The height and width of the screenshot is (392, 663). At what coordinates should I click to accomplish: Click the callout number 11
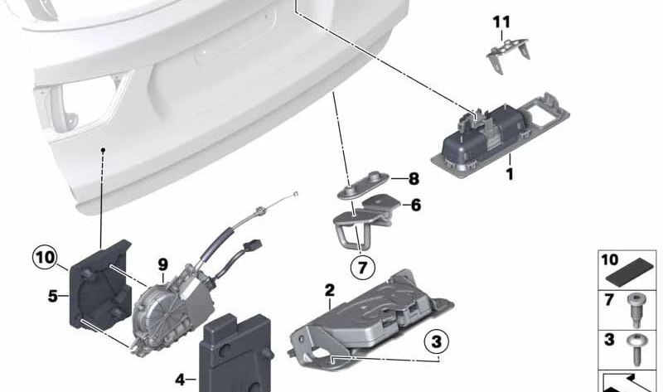[502, 22]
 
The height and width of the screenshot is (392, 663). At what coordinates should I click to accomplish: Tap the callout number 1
[510, 174]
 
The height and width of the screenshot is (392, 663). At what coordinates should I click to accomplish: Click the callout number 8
[414, 179]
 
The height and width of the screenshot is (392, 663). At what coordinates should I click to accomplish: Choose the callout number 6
[416, 206]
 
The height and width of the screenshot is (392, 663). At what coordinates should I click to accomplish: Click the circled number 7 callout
[362, 267]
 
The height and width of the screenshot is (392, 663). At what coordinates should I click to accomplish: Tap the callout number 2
[329, 291]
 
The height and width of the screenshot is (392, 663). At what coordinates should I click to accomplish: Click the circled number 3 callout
[437, 341]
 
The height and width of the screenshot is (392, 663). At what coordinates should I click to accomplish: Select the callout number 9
[162, 264]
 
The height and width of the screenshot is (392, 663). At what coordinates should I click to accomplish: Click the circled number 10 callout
[46, 257]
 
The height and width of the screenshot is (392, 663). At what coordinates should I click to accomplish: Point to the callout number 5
[52, 296]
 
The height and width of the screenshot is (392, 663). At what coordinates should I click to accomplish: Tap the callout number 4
[180, 380]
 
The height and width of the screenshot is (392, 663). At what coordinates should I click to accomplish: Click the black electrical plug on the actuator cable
[253, 245]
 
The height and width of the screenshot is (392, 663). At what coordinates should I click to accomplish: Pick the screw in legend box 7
[635, 311]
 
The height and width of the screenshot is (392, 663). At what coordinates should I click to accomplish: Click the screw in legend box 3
[635, 350]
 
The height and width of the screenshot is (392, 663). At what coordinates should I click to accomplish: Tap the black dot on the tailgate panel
[102, 150]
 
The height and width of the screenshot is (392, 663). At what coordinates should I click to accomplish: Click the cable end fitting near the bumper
[296, 195]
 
